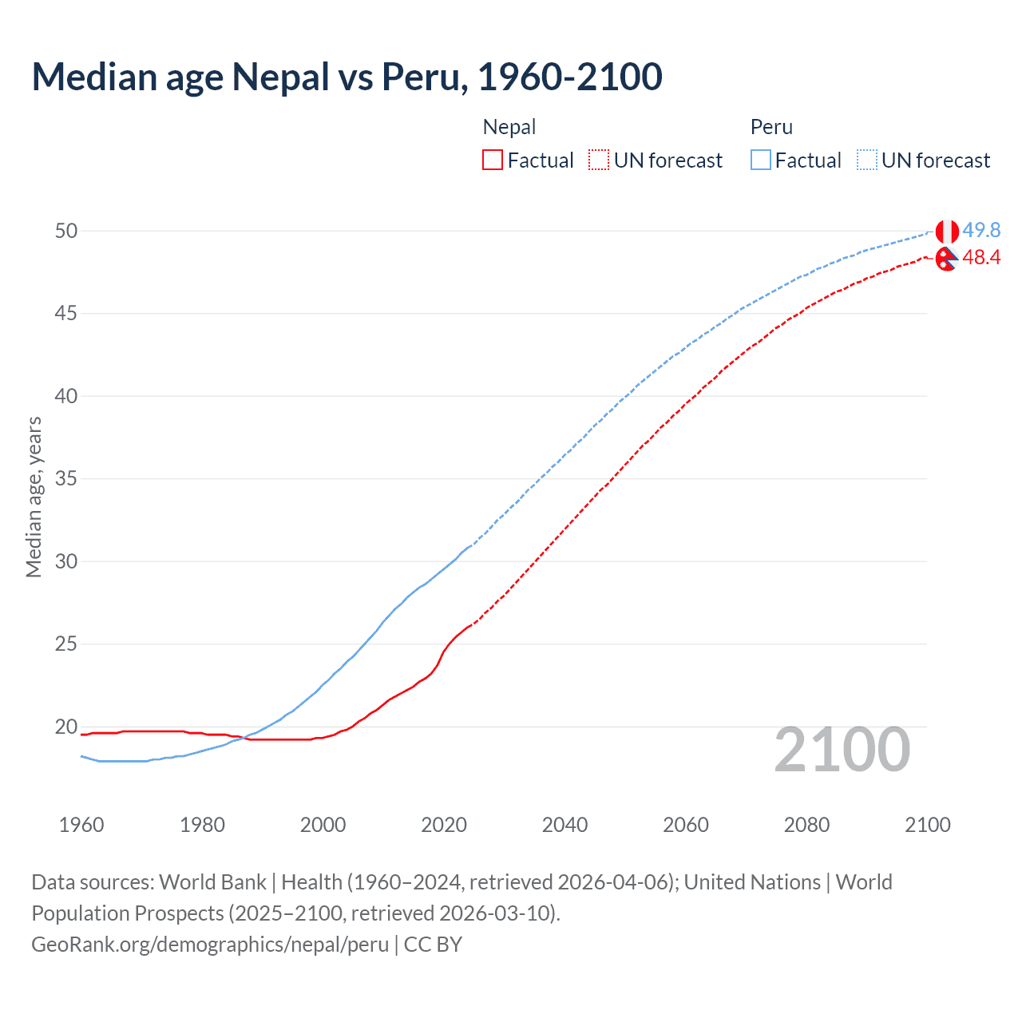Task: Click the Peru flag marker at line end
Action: tap(946, 232)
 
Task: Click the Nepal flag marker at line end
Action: tap(946, 259)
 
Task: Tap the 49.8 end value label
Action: tap(981, 230)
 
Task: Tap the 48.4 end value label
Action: tap(981, 257)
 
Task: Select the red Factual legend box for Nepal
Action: tap(493, 160)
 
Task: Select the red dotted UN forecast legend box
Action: tap(599, 160)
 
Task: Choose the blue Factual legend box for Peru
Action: tap(761, 160)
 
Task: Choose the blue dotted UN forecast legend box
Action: tap(867, 160)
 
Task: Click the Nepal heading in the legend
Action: tap(509, 127)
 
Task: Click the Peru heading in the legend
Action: tap(771, 127)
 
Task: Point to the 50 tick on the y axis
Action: tap(66, 231)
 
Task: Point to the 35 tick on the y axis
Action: tap(66, 479)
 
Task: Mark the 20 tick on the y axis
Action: tap(66, 727)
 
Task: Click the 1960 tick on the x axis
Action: tap(81, 825)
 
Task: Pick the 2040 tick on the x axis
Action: tap(564, 825)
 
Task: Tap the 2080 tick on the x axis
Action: tap(806, 825)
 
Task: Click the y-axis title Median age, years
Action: tap(34, 497)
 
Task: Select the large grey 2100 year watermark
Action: tap(842, 750)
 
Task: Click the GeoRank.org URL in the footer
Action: tap(210, 945)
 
